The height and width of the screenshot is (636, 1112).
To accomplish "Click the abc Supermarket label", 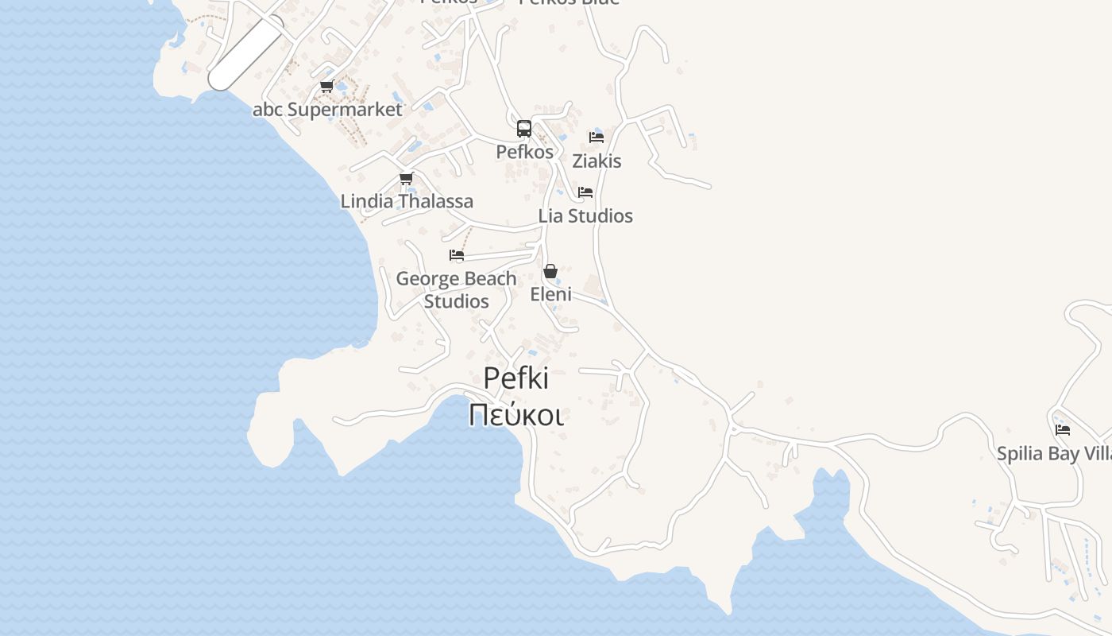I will click(327, 110).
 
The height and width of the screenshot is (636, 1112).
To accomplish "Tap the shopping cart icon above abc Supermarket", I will click(326, 86).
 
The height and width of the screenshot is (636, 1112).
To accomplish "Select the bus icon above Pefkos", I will click(524, 128).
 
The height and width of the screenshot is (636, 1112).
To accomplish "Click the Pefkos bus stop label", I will click(524, 151).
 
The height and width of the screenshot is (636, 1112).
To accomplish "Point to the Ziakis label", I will click(597, 161).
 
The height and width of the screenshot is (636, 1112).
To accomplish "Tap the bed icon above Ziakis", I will click(597, 137).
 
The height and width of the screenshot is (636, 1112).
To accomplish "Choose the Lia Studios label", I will click(585, 215).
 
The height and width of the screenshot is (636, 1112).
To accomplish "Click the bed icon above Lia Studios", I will click(585, 192).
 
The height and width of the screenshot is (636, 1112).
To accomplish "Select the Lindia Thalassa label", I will click(407, 201).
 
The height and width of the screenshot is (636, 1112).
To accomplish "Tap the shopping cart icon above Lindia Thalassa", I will click(407, 178).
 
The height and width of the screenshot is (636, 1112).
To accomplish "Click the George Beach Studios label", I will click(456, 289).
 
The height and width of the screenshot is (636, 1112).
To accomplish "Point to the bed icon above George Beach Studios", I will click(457, 255).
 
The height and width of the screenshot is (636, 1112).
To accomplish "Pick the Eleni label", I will click(550, 294).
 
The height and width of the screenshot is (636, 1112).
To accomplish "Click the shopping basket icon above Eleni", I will click(550, 271).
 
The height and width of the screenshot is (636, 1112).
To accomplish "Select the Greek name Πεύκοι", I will click(515, 415).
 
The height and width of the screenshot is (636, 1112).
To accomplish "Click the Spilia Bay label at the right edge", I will click(1053, 453).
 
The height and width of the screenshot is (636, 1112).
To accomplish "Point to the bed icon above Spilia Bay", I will click(1063, 430).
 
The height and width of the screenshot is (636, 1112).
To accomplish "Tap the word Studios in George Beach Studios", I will click(456, 301).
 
